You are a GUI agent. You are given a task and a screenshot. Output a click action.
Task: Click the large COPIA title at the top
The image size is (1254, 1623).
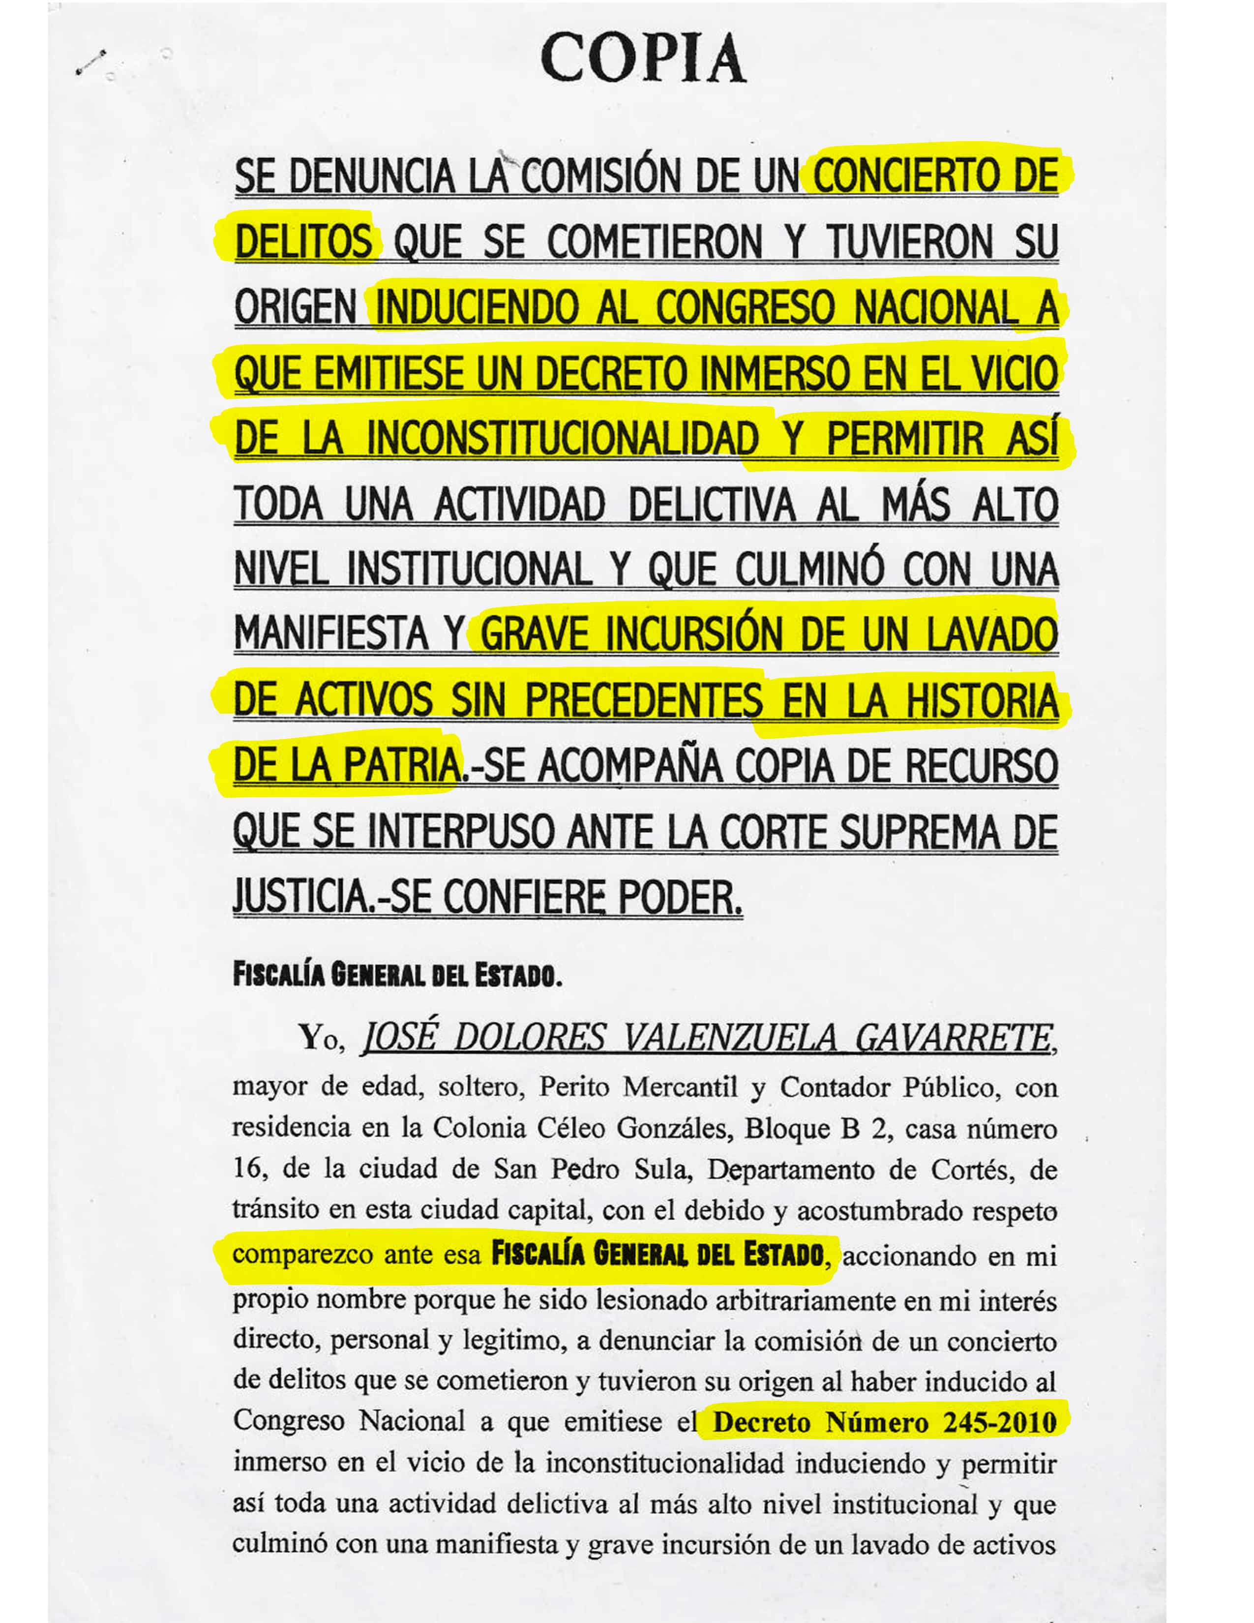(643, 58)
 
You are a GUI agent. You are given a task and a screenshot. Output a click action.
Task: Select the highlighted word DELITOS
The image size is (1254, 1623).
(303, 241)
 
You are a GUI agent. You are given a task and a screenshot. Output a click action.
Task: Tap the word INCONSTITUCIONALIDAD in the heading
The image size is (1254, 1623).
(563, 438)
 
